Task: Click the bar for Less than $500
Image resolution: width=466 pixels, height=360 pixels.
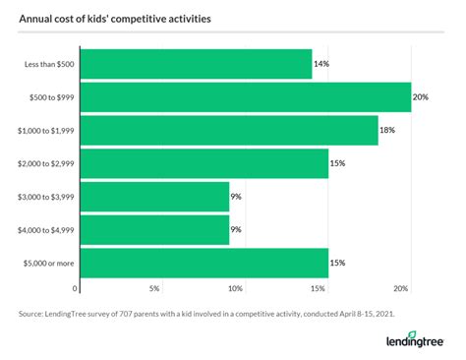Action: [195, 64]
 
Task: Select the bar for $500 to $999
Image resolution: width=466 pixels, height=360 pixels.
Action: [244, 96]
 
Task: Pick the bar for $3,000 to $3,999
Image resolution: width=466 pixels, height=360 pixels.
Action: [153, 197]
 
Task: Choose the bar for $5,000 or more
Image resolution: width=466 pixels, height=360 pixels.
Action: [203, 264]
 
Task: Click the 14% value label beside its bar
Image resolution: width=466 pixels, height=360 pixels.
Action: [320, 64]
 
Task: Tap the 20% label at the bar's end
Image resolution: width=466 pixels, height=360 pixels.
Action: [420, 96]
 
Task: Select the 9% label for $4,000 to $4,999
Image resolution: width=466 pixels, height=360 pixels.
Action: [236, 230]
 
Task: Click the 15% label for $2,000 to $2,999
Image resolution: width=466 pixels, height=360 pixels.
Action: [337, 163]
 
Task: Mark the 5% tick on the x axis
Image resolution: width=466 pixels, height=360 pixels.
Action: [154, 288]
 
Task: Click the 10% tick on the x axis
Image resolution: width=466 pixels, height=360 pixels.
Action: [235, 288]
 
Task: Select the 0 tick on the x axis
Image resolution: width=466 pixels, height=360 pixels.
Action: [76, 288]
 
